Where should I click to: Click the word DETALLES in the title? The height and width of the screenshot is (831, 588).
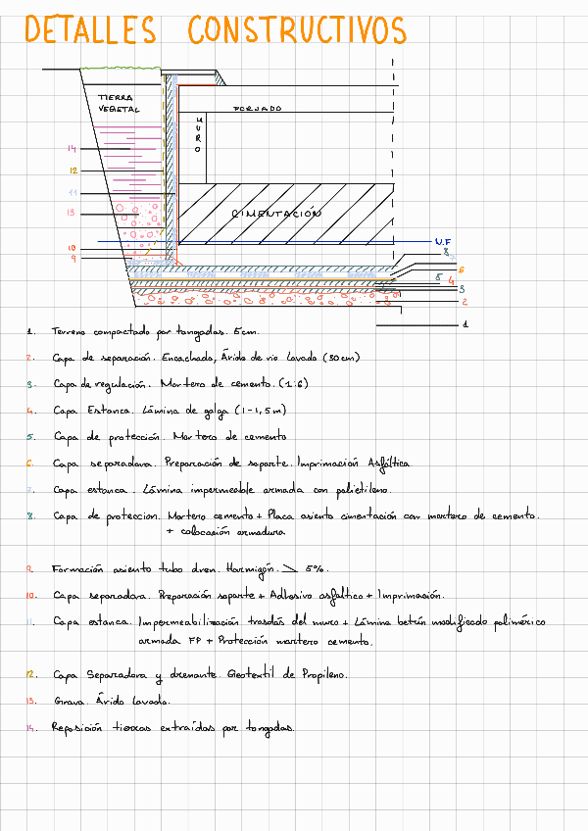tap(89, 30)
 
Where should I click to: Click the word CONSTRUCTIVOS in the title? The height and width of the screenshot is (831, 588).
tap(296, 30)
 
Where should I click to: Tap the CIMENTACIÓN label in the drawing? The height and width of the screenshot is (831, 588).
tap(276, 213)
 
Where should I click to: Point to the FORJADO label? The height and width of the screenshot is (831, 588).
tap(257, 109)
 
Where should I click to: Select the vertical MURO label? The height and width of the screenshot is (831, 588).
tap(198, 132)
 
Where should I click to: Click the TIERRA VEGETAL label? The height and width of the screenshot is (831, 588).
tap(118, 103)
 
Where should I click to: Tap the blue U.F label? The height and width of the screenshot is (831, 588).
tap(442, 241)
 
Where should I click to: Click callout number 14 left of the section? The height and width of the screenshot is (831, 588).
tap(72, 149)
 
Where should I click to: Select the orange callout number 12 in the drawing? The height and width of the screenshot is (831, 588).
tap(73, 171)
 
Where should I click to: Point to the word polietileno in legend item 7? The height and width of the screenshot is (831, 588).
tap(365, 487)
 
